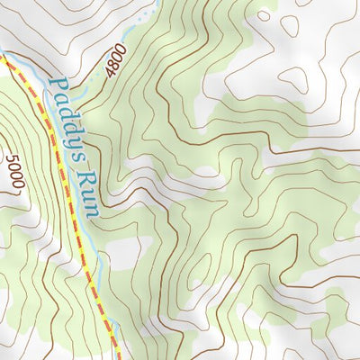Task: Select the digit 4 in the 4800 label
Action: [108, 73]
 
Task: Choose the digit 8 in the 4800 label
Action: [113, 65]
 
